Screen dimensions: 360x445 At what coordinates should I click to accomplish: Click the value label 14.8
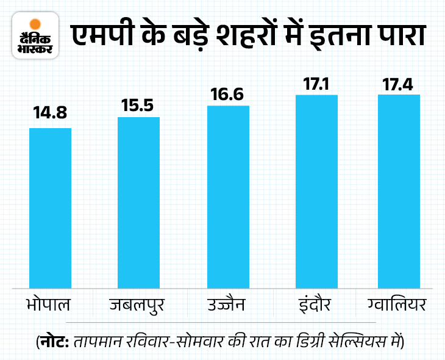(50, 115)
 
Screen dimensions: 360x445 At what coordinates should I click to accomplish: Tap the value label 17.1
(316, 82)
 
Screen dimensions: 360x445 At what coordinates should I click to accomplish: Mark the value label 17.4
(399, 82)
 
